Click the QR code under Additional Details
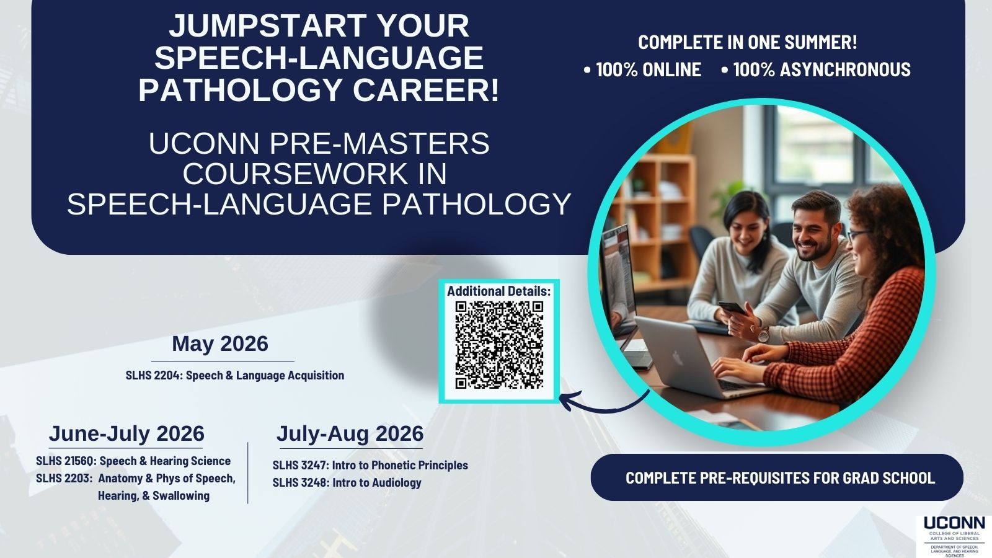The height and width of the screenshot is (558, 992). [499, 345]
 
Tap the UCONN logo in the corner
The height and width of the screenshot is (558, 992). [954, 536]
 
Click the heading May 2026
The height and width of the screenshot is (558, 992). [220, 344]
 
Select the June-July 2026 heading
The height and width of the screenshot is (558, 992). [126, 433]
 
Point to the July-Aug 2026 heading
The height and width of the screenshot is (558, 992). [350, 433]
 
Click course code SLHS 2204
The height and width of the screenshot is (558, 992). [153, 376]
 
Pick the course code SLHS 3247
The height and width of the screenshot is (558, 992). [300, 466]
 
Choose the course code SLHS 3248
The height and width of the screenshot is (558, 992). [301, 483]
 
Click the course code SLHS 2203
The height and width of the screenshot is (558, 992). [64, 479]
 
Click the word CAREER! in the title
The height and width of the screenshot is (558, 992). [426, 90]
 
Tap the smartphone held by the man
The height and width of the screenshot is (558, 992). [732, 308]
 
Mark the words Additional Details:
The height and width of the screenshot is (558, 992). [498, 291]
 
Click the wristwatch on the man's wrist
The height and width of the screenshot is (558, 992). [763, 335]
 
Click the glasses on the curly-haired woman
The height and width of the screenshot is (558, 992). [858, 235]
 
